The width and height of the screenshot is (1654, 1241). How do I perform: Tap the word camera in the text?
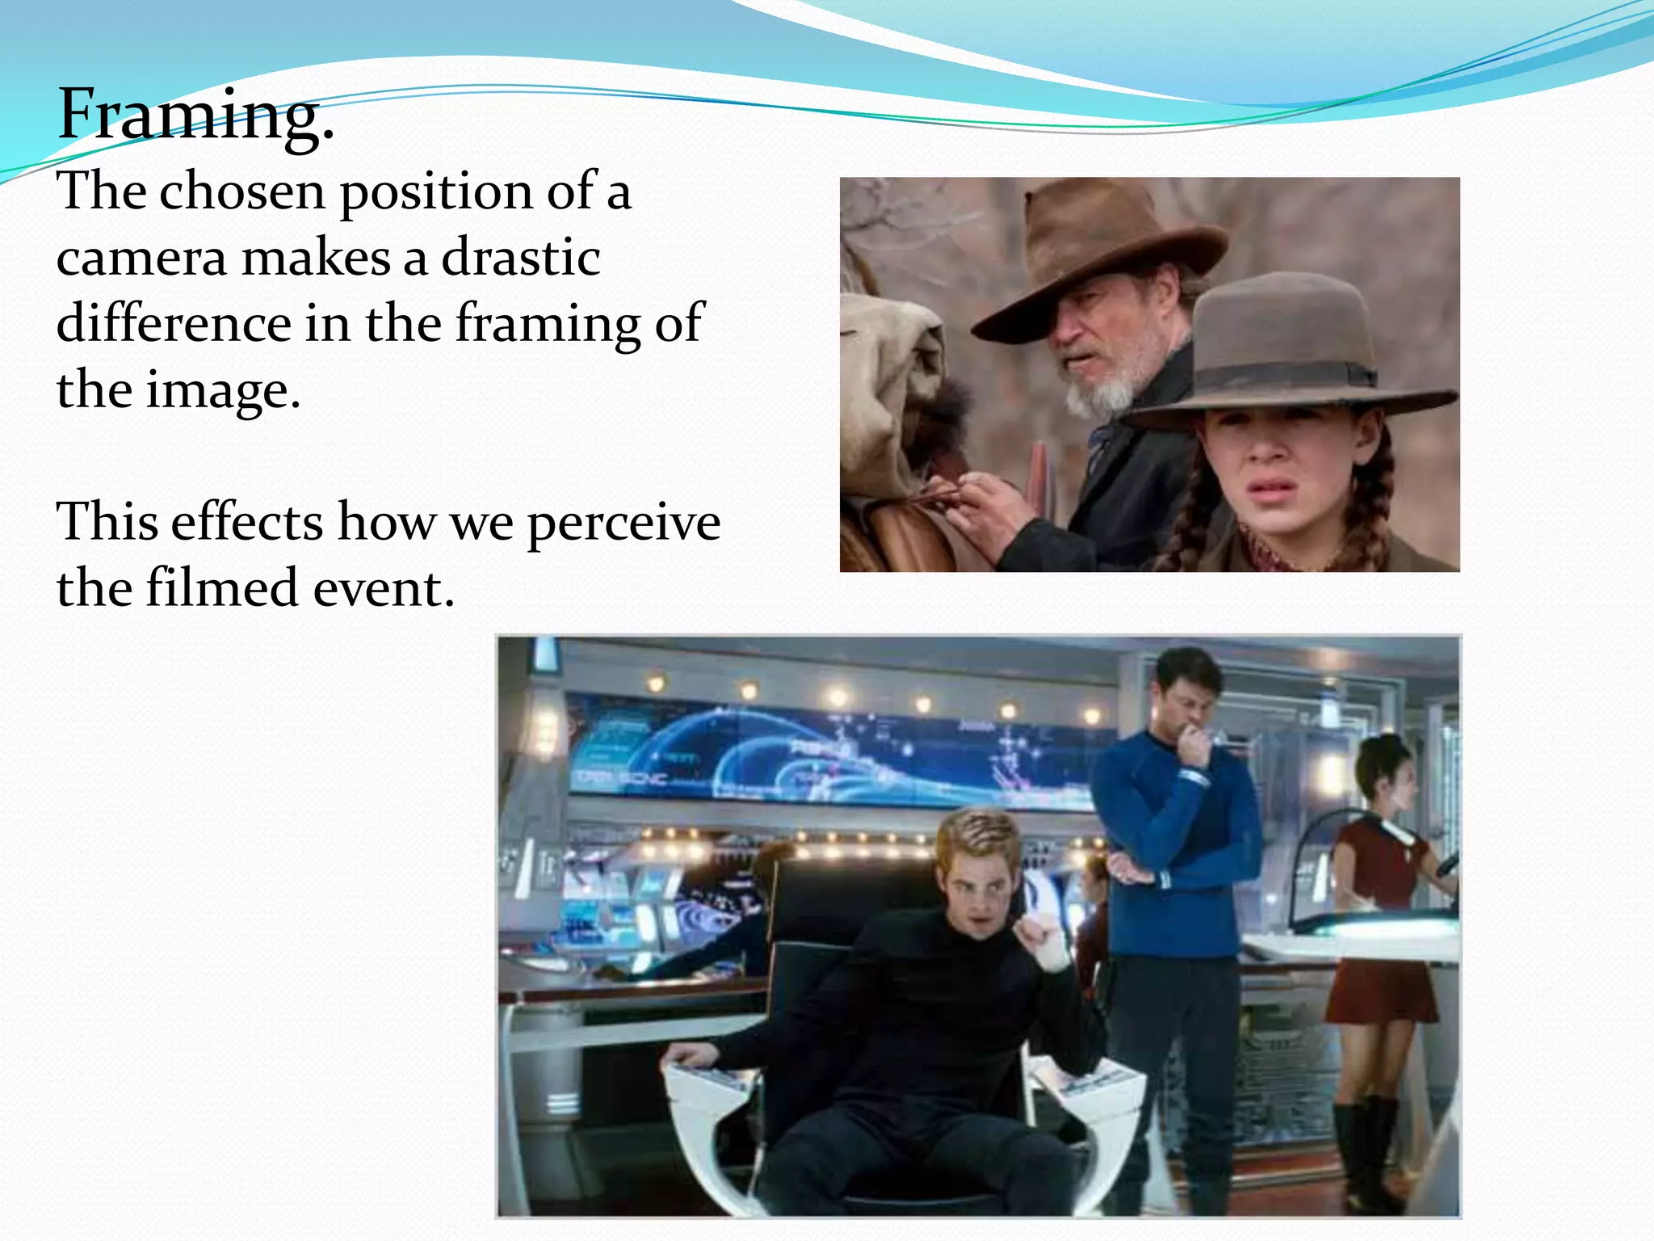pos(142,259)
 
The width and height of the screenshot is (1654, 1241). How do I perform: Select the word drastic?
pos(521,259)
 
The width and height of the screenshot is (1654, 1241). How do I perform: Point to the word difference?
pos(174,324)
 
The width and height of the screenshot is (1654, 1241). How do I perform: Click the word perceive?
pos(623,522)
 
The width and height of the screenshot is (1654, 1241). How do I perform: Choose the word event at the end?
pos(384,588)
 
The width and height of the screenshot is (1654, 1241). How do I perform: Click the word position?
pos(436,194)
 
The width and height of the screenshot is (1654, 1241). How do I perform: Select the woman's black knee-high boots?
pos(1365,1147)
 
